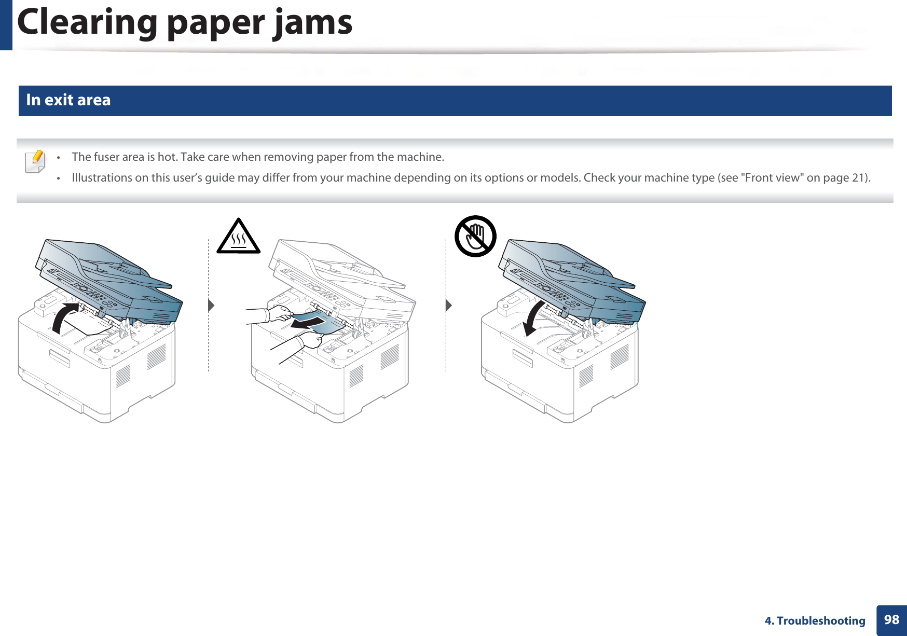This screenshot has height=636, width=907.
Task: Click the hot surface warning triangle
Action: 238,238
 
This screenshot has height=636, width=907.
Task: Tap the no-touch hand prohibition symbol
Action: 475,236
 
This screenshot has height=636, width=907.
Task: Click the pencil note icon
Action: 35,161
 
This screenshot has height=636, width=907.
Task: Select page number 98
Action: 891,619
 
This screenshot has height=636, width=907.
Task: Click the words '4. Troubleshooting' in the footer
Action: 815,620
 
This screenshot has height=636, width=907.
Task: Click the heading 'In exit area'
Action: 68,100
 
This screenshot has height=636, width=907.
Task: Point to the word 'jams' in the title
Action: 313,23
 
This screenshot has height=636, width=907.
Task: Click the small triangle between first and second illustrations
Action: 211,305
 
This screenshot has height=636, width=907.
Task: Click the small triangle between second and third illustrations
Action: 448,305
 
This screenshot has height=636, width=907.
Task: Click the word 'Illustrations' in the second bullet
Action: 102,177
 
